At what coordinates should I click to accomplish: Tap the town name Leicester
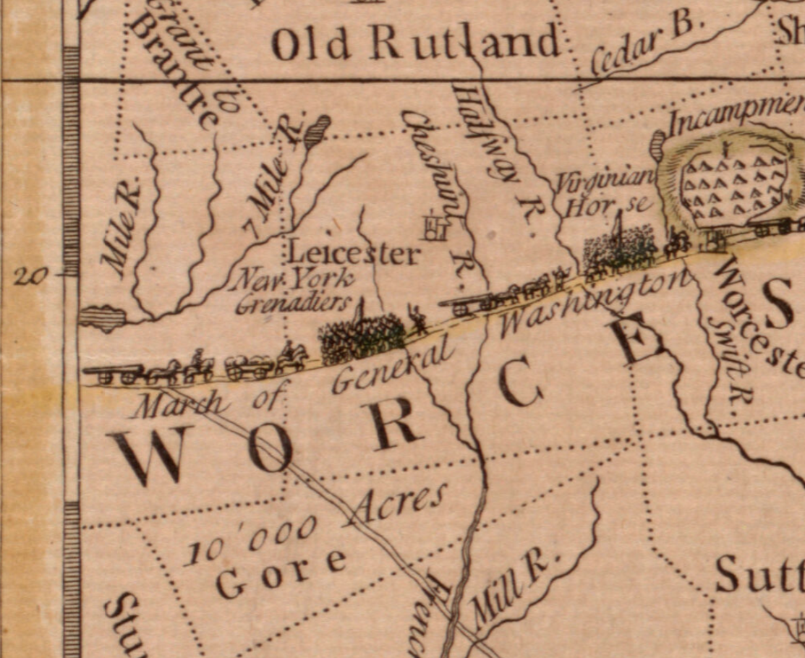point(353,253)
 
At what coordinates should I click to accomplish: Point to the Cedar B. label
point(647,45)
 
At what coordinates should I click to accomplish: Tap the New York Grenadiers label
point(293,290)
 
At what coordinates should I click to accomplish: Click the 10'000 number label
point(250,539)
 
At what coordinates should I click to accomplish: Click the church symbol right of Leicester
point(435,226)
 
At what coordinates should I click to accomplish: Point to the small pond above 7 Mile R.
point(317,131)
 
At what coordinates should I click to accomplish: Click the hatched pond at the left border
point(102,317)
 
